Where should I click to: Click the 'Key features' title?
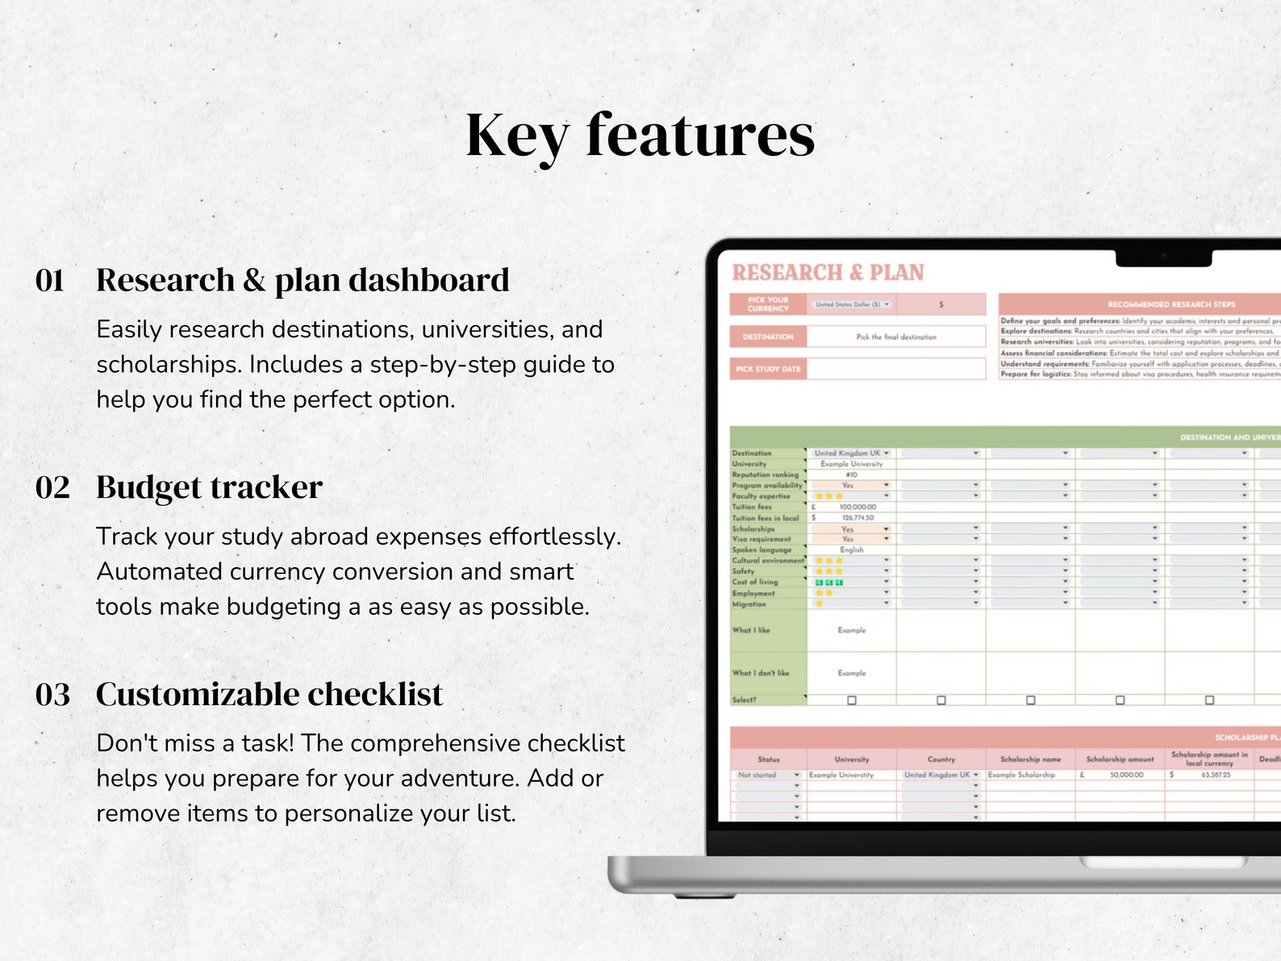point(640,136)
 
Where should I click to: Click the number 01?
point(50,281)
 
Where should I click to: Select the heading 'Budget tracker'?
point(209,487)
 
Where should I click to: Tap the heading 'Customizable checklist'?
point(269,695)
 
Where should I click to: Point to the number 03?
point(52,695)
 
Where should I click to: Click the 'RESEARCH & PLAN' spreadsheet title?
point(828,273)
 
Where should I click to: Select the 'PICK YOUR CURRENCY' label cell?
point(768,304)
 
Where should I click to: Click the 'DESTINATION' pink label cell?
point(768,336)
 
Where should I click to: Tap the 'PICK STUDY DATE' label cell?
point(768,369)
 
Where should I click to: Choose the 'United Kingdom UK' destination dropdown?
point(851,453)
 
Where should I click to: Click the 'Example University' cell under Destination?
point(851,464)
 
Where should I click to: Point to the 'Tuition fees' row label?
point(752,507)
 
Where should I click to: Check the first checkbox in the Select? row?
point(852,700)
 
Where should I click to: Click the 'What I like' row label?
point(751,630)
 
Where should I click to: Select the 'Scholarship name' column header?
point(1030,759)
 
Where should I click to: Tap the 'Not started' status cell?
point(766,775)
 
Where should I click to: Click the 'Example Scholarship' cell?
point(1021,775)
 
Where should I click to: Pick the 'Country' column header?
point(941,759)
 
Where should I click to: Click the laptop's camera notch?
point(1163,257)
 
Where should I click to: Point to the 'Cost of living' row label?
point(755,582)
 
